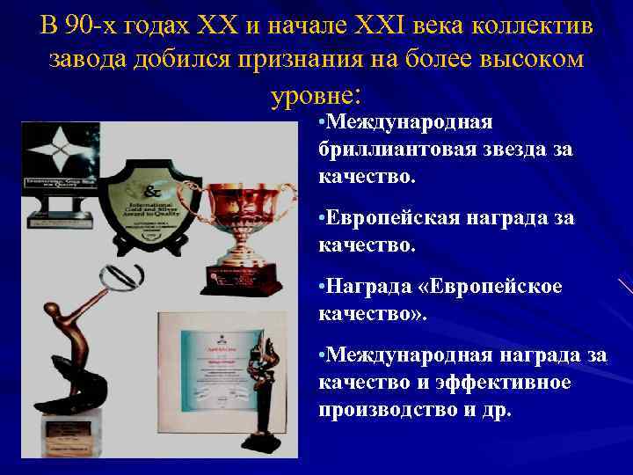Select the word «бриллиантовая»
click(x=397, y=150)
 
